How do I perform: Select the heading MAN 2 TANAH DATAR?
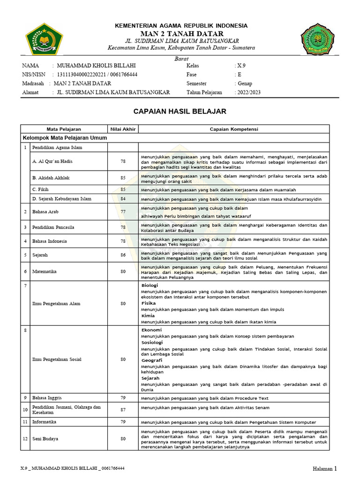point(181,34)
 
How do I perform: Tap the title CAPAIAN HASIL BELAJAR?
point(180,112)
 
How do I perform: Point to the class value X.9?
point(241,66)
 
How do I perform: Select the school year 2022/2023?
point(249,92)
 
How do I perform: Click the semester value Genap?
point(245,83)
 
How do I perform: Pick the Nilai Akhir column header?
point(123,129)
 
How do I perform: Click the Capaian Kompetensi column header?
point(234,129)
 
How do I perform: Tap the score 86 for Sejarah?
point(123,255)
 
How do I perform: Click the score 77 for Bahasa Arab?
point(123,212)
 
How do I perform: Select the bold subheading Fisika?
point(149,303)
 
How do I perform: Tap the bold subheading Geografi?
point(152,360)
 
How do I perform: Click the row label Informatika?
point(45,422)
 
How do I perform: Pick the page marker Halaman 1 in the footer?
point(325,468)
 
